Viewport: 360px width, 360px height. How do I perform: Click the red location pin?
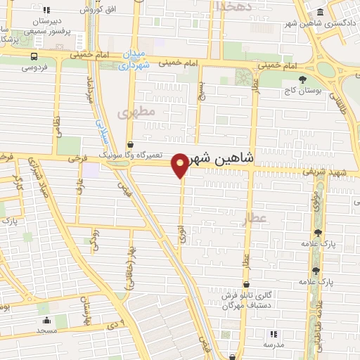tap(181, 164)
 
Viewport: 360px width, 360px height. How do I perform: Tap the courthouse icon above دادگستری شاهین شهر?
tap(321, 12)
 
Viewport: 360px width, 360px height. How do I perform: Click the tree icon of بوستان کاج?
tap(302, 79)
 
